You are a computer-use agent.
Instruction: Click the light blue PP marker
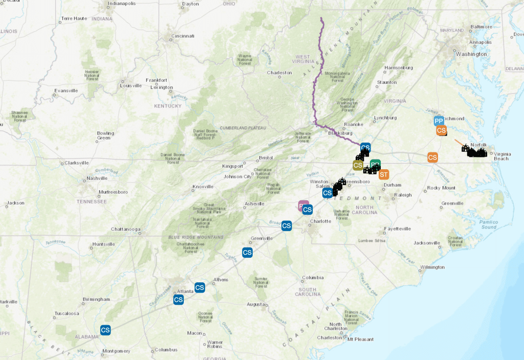(x=439, y=121)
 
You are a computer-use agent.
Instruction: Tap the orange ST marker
(x=384, y=175)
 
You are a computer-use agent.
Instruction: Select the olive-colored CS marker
(x=358, y=165)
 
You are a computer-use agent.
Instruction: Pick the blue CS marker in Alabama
(x=105, y=330)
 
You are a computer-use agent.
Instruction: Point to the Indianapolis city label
(x=121, y=4)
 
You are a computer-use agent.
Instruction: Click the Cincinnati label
(x=183, y=36)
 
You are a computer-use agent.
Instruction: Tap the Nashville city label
(x=97, y=178)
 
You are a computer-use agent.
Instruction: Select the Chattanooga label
(x=125, y=229)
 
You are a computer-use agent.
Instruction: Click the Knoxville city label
(x=203, y=187)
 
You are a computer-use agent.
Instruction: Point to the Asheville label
(x=254, y=204)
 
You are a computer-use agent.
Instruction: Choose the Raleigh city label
(x=403, y=195)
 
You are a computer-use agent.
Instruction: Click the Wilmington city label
(x=432, y=267)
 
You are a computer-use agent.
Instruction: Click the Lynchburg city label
(x=385, y=118)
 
